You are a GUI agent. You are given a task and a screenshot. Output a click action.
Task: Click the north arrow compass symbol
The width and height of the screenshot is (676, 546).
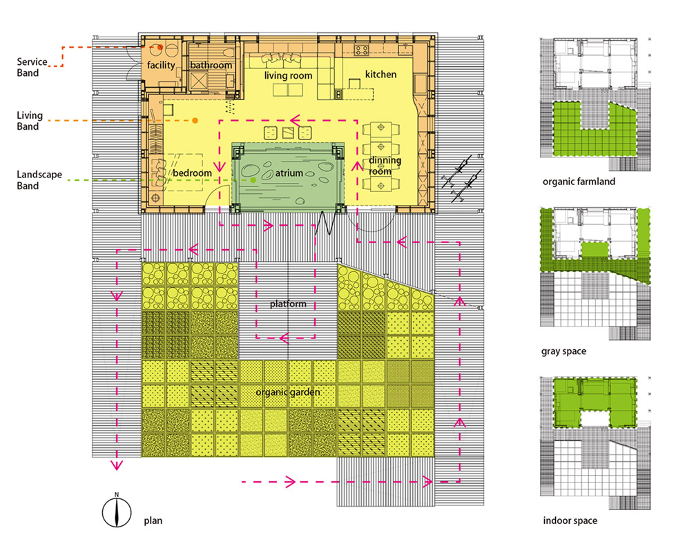(117, 512)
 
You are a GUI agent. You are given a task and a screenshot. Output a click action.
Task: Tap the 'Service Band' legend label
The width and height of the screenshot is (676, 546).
(32, 67)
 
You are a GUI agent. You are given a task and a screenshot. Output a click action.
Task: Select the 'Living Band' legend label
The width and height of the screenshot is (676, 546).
(30, 121)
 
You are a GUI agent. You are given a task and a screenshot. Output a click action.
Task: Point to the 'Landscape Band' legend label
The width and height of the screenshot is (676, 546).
(39, 180)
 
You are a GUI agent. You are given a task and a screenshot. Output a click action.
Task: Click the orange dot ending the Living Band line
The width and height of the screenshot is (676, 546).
(195, 121)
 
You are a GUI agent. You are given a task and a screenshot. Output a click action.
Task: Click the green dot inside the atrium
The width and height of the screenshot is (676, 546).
(253, 179)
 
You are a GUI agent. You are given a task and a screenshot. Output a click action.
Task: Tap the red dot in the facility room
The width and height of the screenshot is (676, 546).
(160, 48)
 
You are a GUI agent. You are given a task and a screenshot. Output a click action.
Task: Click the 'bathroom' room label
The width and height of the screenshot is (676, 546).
(211, 66)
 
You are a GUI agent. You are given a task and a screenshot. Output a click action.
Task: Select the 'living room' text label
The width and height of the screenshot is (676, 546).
(288, 76)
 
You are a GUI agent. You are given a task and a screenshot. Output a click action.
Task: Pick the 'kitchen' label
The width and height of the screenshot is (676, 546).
(380, 75)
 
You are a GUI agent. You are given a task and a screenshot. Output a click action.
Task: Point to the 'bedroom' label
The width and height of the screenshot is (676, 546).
(192, 173)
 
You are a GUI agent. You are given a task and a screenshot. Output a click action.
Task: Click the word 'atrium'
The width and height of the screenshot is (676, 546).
(289, 173)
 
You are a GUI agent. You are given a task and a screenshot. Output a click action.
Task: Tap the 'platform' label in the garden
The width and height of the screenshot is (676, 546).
(288, 304)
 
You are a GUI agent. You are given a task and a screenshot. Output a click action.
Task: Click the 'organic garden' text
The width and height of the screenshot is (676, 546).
(287, 393)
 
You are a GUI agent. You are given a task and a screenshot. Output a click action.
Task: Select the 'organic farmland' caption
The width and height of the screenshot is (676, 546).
(579, 182)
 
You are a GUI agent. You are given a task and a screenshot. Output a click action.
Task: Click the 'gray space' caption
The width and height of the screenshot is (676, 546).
(563, 351)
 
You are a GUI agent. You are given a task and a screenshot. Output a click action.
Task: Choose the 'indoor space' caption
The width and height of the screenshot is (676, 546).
(570, 520)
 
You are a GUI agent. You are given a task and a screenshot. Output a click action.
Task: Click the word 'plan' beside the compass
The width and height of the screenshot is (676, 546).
(153, 520)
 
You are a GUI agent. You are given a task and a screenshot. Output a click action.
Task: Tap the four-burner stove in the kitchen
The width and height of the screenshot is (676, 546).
(361, 50)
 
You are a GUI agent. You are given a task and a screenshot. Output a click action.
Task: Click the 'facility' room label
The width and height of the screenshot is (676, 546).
(161, 65)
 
